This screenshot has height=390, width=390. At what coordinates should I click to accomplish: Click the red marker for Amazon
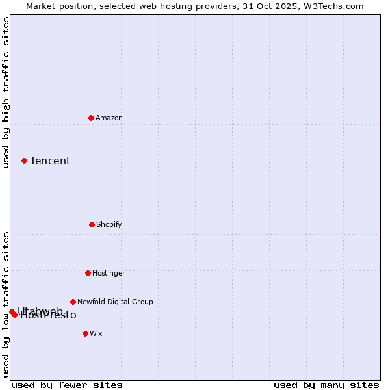tap(91, 118)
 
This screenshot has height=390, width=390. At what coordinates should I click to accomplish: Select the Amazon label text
tap(109, 118)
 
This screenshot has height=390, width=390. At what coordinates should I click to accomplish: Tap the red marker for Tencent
tap(24, 161)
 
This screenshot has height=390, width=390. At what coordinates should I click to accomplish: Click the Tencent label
tap(50, 161)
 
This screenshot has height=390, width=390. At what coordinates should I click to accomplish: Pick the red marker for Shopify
tap(92, 224)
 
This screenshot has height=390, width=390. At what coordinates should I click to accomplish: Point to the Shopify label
tap(109, 224)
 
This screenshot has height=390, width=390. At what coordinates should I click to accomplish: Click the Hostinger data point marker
tap(88, 273)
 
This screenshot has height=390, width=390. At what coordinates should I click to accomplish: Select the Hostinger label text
tap(109, 273)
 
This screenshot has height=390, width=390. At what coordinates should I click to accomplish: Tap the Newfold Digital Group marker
tap(73, 302)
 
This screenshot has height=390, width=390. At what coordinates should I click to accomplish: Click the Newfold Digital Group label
tap(115, 302)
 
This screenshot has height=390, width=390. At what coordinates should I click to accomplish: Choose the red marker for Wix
tap(85, 333)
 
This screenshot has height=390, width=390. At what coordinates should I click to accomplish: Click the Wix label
tap(96, 333)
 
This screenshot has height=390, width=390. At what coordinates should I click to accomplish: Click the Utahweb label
tap(40, 311)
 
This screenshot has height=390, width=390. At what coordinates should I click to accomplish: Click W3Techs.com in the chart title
tap(331, 6)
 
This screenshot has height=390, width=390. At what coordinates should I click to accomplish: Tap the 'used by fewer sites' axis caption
tap(67, 385)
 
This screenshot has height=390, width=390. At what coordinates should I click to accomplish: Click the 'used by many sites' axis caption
tap(326, 385)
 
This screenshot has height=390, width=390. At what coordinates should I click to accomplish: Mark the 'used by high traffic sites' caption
tap(6, 93)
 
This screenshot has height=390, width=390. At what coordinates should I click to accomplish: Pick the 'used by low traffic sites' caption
tap(6, 304)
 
